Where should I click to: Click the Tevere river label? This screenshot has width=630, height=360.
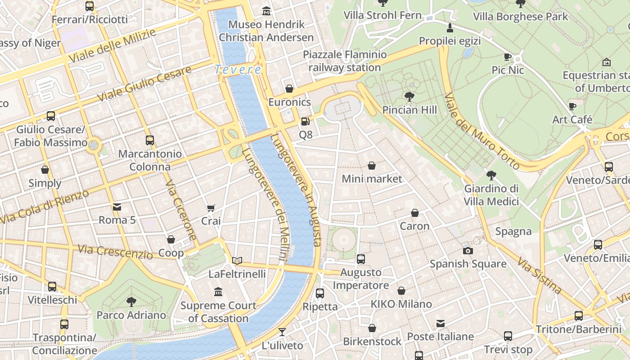click(x=238, y=70)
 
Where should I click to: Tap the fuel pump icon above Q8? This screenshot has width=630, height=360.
click(x=305, y=121)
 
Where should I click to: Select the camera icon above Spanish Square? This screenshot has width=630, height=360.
click(x=468, y=251)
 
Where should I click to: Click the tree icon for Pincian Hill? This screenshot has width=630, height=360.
click(x=409, y=96)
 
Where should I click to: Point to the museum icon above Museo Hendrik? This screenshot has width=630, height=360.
click(x=266, y=10)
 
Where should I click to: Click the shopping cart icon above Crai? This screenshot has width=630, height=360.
click(x=211, y=207)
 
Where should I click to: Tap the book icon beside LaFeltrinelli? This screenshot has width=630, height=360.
click(x=237, y=261)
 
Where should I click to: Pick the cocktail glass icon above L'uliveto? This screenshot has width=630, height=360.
click(x=282, y=332)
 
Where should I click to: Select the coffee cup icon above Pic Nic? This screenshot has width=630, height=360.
click(x=508, y=57)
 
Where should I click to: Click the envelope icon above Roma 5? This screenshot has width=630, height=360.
click(x=117, y=207)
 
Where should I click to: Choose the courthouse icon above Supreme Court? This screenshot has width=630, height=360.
click(x=218, y=292)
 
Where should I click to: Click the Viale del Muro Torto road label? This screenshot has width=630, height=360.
click(x=482, y=131)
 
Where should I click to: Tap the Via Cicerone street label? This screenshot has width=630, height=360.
click(x=181, y=211)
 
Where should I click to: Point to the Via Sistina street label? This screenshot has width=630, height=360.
click(x=539, y=275)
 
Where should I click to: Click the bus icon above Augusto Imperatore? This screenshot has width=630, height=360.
click(x=361, y=259)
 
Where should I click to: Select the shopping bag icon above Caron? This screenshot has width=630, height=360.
click(x=415, y=213)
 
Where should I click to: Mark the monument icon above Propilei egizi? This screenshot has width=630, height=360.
click(x=449, y=28)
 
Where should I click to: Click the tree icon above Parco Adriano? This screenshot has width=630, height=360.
click(x=131, y=301)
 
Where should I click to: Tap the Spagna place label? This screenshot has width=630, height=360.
click(x=513, y=231)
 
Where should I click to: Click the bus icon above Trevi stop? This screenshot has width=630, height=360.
click(x=508, y=336)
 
